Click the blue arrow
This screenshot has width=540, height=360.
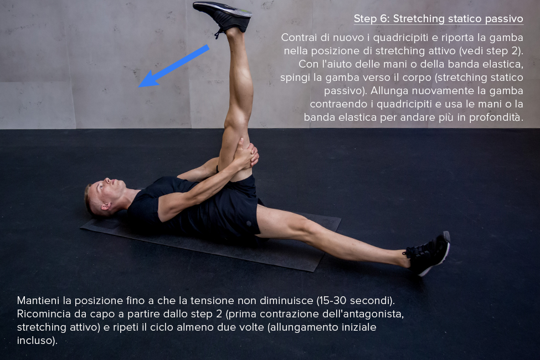click(173, 66)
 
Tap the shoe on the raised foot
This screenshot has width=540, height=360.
click(223, 16)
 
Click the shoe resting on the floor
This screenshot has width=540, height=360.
click(429, 253)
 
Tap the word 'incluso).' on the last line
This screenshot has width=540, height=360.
click(37, 341)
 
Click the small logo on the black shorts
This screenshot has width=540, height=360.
click(249, 224)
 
